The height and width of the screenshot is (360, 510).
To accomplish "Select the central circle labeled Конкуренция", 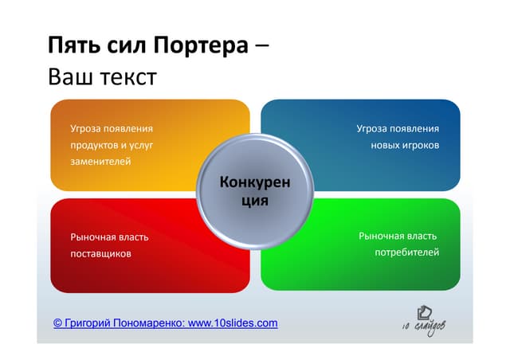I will coord(255,192).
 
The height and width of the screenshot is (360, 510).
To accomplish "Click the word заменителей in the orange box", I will coord(100,162).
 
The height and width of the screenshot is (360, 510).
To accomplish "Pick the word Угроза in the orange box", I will coord(86,128).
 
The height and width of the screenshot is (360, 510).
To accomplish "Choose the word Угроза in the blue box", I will coord(373,128).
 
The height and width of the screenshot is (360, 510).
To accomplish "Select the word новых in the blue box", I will coord(386,145).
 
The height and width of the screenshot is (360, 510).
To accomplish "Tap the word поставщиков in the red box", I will coord(100,253).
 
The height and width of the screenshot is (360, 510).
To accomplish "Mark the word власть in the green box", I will coord(422,236).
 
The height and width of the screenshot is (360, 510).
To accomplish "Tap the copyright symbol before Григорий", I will coord(58,323).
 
